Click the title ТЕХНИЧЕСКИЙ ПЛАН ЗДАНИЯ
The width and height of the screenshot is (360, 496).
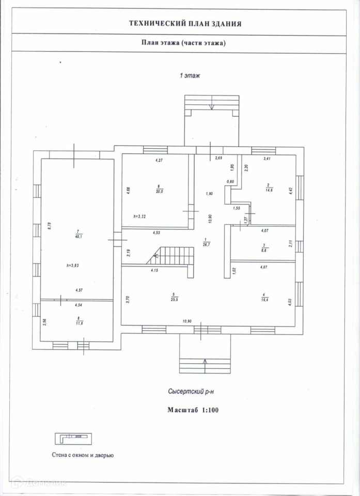(x=184, y=23)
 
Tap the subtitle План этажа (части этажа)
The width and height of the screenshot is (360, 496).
(x=183, y=43)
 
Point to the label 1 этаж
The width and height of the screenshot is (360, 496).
(x=190, y=76)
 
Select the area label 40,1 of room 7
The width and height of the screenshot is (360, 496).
(x=77, y=238)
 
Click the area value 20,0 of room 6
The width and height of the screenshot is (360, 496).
(x=159, y=191)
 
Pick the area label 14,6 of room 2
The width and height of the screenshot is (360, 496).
(x=269, y=191)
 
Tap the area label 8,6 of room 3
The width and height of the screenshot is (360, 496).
(x=263, y=249)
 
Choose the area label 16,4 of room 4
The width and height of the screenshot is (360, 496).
(x=264, y=299)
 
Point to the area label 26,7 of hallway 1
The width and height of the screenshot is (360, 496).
(x=205, y=242)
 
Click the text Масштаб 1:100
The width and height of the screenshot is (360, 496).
(x=192, y=410)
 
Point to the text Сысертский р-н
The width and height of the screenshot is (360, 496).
(x=191, y=392)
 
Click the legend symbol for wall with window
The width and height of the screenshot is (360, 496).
(x=73, y=440)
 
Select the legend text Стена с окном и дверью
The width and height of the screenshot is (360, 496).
(x=83, y=455)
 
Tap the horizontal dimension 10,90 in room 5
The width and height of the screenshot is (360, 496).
(x=186, y=321)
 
